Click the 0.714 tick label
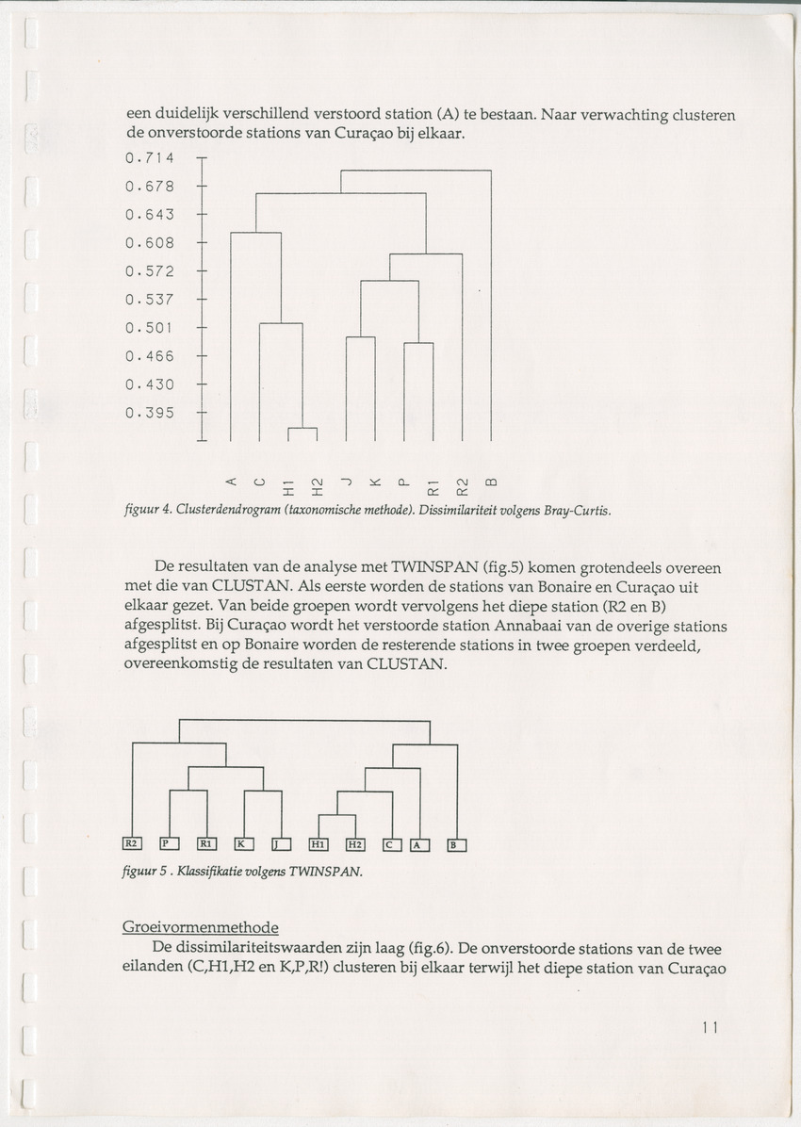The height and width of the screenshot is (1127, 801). pos(150,158)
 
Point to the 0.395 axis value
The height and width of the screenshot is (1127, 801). pos(150,412)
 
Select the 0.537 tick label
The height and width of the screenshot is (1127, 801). pos(150,300)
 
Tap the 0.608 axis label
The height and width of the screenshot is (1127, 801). pos(150,243)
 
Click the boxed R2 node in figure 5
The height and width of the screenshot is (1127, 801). pos(132,843)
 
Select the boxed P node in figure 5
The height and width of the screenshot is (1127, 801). pos(169,843)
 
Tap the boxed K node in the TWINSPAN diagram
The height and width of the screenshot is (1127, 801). pos(243,843)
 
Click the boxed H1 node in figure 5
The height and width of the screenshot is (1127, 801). pos(319,843)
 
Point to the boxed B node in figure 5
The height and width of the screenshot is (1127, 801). pos(456,844)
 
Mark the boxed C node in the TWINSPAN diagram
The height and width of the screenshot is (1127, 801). pos(391,844)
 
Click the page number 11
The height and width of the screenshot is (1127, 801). pos(710,1028)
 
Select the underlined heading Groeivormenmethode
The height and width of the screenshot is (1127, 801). pos(200,927)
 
